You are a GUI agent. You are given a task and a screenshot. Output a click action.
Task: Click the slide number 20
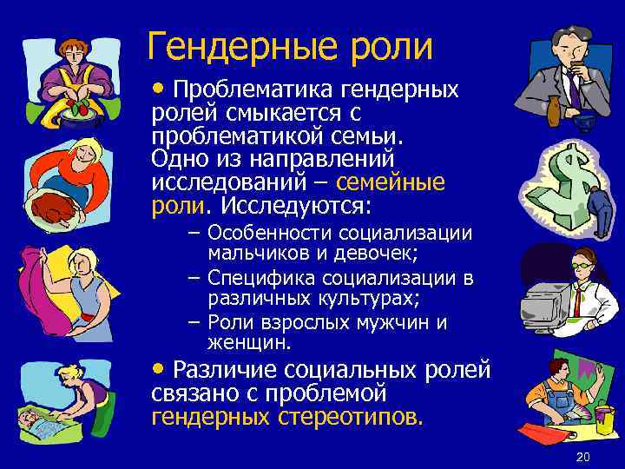point(582,458)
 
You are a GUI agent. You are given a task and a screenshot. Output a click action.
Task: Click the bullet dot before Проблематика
point(158,89)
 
